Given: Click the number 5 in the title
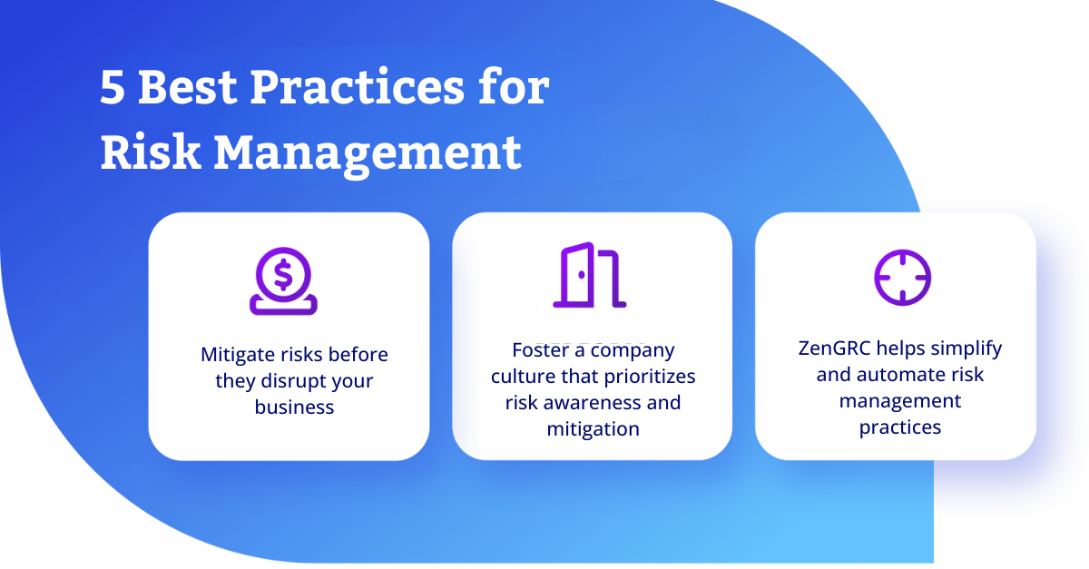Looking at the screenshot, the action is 113,87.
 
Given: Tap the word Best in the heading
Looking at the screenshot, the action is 188,87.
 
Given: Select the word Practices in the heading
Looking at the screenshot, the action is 358,88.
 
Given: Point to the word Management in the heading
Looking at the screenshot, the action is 368,155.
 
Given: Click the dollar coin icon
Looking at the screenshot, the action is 283,281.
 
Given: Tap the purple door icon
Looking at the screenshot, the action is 590,275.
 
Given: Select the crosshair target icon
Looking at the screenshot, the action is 903,278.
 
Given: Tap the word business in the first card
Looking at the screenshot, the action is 294,407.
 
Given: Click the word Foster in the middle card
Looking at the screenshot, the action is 541,350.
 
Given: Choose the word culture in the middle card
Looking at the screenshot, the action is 523,377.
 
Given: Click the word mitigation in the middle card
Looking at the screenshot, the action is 594,430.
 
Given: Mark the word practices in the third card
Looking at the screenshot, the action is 900,428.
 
